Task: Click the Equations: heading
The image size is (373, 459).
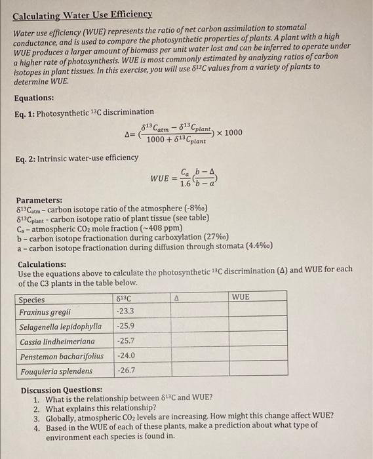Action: (35, 98)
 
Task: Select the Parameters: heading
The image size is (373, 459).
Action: (39, 200)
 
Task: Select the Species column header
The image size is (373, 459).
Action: (32, 299)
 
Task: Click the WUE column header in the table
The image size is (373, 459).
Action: (241, 298)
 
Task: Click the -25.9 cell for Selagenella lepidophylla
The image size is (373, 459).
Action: (125, 326)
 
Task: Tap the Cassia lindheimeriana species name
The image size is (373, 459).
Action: (57, 341)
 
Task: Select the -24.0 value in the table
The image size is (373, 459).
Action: (125, 356)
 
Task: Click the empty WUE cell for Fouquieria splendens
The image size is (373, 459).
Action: (257, 370)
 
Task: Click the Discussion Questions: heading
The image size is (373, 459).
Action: (56, 389)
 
